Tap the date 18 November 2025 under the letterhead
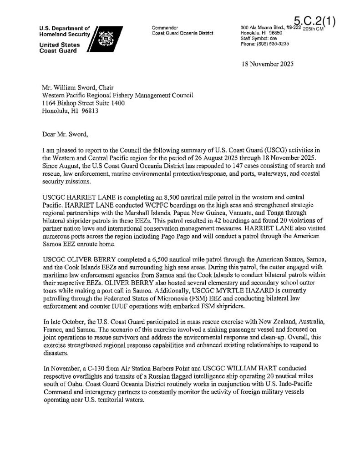[268, 64]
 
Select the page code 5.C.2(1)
[314, 21]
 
